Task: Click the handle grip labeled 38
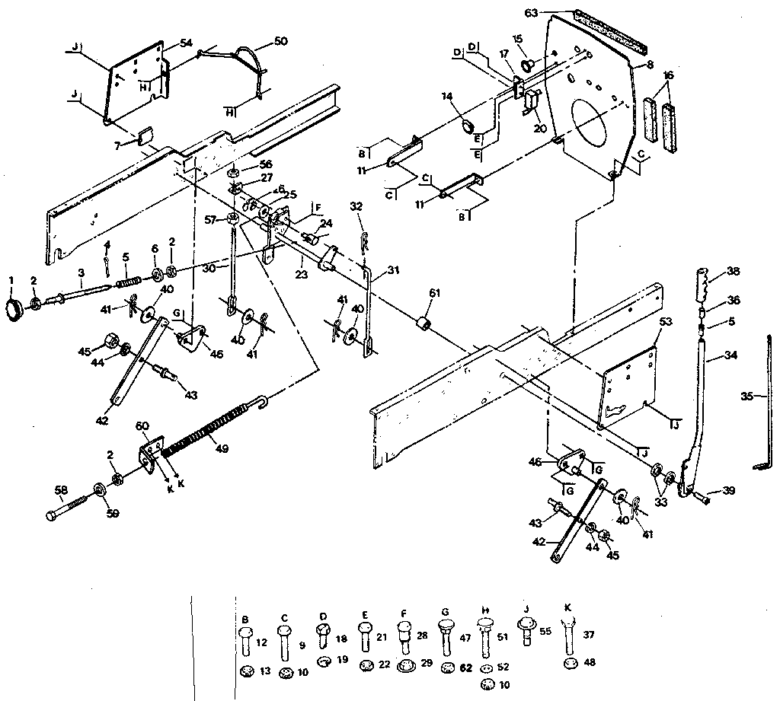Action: [x=703, y=285]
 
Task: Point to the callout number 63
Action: [x=532, y=12]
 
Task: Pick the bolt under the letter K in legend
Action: [x=570, y=636]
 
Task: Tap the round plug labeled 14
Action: [x=467, y=123]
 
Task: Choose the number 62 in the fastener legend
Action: [x=466, y=667]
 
